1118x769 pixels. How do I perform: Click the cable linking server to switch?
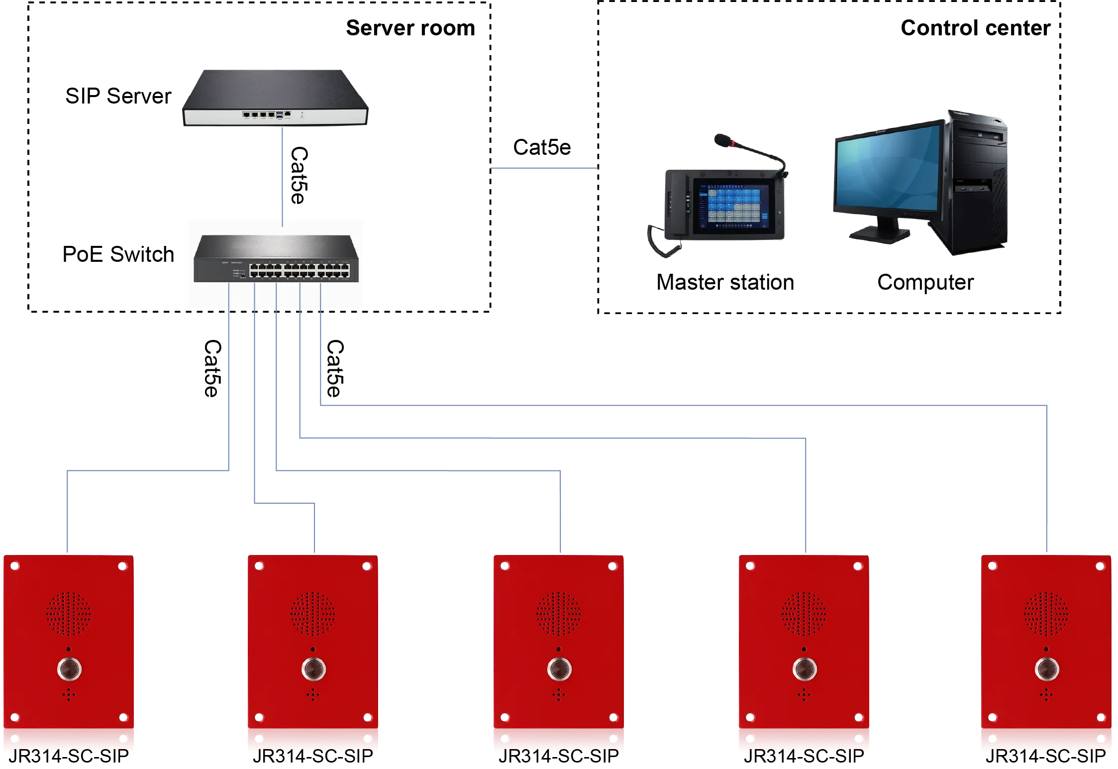tap(283, 174)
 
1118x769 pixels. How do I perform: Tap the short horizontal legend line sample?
tap(544, 169)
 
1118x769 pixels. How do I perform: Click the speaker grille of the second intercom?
tap(312, 614)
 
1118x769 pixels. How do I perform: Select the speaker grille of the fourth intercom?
tap(804, 614)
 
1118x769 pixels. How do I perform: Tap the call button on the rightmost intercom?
tap(1046, 668)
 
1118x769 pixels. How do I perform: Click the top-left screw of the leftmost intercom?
tap(15, 566)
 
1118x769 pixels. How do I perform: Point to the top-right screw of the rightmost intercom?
tap(1101, 566)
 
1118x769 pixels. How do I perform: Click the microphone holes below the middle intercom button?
tap(558, 694)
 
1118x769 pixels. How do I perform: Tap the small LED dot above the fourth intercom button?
tap(804, 650)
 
